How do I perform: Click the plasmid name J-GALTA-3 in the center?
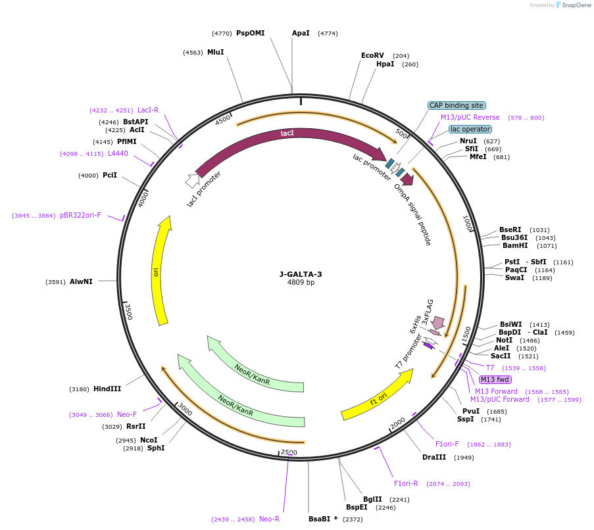click(301, 274)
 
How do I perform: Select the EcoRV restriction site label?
click(372, 56)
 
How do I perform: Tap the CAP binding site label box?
click(457, 105)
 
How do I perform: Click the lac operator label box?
click(470, 129)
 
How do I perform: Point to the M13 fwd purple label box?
click(495, 379)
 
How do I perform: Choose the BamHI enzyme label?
click(515, 246)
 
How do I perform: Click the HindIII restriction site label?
click(107, 389)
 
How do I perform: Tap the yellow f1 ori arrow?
click(377, 395)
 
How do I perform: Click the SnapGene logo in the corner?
click(571, 5)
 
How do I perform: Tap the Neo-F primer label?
click(127, 414)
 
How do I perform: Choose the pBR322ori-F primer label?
click(80, 215)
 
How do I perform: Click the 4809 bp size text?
click(301, 283)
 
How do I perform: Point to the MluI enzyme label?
click(215, 52)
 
